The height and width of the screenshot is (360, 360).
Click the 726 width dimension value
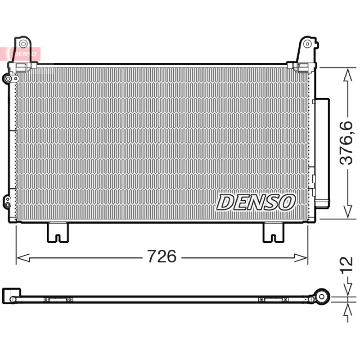(x=162, y=256)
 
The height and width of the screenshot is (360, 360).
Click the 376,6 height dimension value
(x=346, y=143)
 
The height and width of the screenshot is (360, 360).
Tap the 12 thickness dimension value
(x=346, y=265)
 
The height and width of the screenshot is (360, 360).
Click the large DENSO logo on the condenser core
(x=256, y=202)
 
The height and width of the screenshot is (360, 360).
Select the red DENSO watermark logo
(x=20, y=54)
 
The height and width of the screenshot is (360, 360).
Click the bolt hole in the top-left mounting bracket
(x=23, y=43)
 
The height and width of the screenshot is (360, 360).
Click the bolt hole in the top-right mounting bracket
(x=307, y=44)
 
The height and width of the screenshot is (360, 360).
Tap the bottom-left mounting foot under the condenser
(x=58, y=232)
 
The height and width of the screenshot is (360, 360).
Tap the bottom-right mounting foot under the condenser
(x=273, y=232)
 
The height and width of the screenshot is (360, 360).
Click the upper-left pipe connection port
(x=8, y=79)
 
